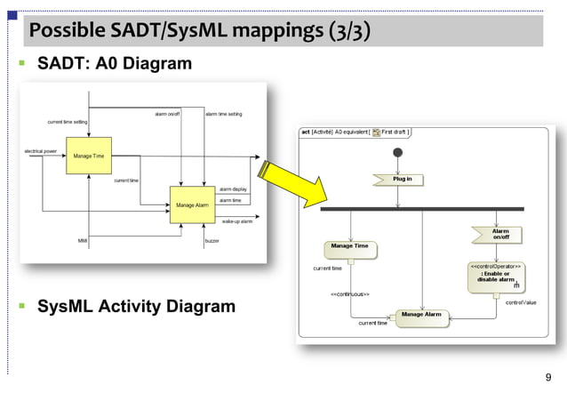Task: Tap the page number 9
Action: tap(547, 377)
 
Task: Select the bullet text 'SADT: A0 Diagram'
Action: tap(114, 64)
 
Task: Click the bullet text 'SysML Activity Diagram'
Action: tap(136, 307)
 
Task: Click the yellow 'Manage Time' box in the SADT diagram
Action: tap(89, 156)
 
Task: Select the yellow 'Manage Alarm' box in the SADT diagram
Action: tap(192, 205)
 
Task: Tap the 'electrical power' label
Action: tap(40, 151)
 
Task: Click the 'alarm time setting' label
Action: tap(223, 114)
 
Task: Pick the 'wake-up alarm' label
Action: tap(237, 221)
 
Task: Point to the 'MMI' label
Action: tap(82, 241)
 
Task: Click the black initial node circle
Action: tap(397, 153)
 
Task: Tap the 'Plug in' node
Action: tap(402, 179)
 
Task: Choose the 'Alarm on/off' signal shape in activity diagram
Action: tap(500, 234)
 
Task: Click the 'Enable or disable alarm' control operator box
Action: tap(496, 277)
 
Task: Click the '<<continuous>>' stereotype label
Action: tap(350, 293)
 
